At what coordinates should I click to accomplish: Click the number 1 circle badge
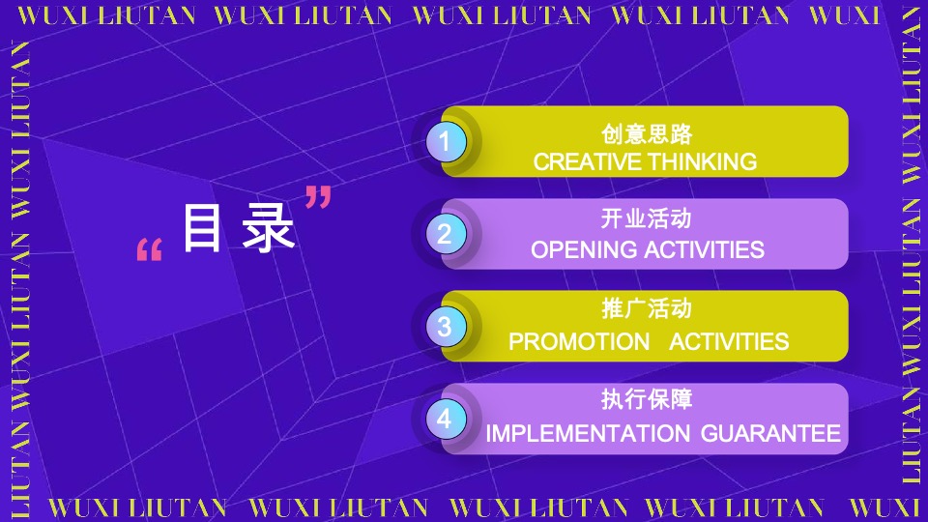pos(445,142)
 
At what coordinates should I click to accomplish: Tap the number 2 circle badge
pos(445,234)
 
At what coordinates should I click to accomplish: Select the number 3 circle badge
pos(445,326)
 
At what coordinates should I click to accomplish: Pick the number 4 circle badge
pos(445,419)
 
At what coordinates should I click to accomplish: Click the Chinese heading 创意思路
pos(646,134)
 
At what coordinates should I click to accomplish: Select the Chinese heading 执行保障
pos(646,399)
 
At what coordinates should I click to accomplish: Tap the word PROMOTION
pos(579,342)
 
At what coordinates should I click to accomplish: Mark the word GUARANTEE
pos(770,434)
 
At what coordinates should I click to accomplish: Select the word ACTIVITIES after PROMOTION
pos(729,342)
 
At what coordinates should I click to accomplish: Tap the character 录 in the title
pos(268,230)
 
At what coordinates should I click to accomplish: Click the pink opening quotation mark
pos(149,251)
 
